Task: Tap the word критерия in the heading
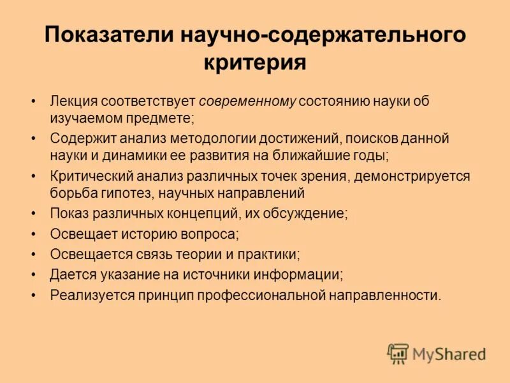tap(255, 63)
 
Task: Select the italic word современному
tap(248, 102)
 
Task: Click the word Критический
tap(88, 176)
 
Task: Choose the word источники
tap(215, 274)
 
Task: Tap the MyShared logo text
tap(449, 353)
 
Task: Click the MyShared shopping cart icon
tap(398, 354)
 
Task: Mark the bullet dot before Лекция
tap(33, 102)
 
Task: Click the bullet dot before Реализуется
tap(33, 295)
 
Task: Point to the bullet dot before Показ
tap(33, 213)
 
